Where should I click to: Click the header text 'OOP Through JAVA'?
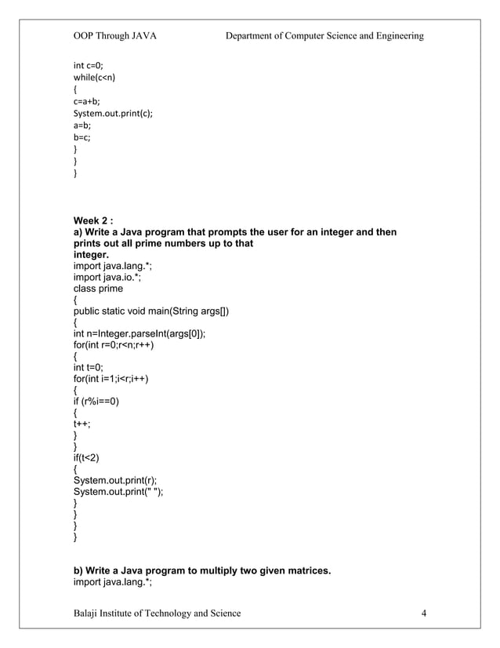click(x=114, y=36)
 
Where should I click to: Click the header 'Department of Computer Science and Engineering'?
click(x=324, y=36)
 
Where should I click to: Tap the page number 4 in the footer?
click(x=423, y=613)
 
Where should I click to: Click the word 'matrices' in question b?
click(x=306, y=570)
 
